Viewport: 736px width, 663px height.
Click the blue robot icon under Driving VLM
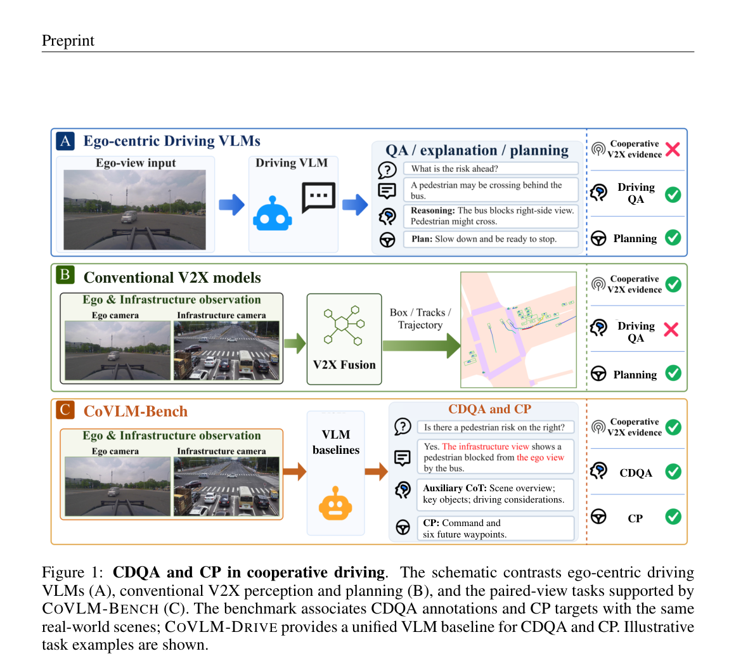point(272,214)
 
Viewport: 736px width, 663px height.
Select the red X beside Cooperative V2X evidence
point(673,149)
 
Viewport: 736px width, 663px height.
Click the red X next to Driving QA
point(671,330)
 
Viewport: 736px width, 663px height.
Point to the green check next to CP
point(673,517)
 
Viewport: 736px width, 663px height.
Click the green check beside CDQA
point(673,472)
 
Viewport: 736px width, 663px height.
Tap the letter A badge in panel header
point(65,141)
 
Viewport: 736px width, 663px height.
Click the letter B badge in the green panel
point(65,275)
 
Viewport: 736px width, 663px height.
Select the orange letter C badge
point(65,409)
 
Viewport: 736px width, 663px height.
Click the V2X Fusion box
point(344,339)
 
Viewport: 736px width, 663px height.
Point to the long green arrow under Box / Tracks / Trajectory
point(422,346)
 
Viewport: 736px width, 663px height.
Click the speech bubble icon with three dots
point(319,197)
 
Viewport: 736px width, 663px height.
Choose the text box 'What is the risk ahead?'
point(491,169)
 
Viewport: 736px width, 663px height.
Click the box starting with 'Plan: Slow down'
point(491,239)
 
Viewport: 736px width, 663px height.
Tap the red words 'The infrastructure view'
point(486,447)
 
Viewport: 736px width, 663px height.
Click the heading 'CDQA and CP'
point(489,409)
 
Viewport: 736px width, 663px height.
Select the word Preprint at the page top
point(68,41)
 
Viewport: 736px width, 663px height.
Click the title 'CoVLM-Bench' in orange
point(136,411)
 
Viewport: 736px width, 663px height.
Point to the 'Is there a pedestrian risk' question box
point(495,427)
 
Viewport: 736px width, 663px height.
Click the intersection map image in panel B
point(519,330)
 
